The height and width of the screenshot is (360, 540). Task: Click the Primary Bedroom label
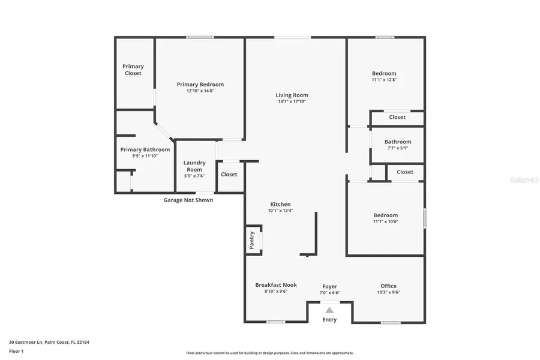click(x=200, y=85)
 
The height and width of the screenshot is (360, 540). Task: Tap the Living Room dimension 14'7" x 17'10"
click(x=292, y=101)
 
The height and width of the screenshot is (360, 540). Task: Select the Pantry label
click(x=252, y=239)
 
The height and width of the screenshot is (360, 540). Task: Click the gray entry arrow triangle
click(x=329, y=310)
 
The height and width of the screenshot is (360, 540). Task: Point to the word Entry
click(x=329, y=320)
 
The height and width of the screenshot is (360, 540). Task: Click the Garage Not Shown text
click(x=188, y=200)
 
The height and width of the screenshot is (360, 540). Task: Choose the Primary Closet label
click(x=133, y=70)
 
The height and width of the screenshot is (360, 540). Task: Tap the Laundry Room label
click(x=194, y=166)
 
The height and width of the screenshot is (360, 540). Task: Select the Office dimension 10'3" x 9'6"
click(x=388, y=293)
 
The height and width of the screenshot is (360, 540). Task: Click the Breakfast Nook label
click(x=276, y=285)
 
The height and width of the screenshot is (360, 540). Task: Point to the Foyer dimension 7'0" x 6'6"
click(x=329, y=293)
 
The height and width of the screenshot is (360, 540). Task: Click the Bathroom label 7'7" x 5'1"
click(x=397, y=142)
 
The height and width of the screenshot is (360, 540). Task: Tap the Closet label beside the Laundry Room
click(x=229, y=175)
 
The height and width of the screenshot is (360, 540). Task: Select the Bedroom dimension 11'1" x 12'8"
click(x=384, y=80)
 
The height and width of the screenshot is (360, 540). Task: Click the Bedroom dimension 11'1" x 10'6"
click(x=385, y=222)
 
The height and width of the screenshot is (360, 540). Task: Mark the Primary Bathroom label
click(x=145, y=149)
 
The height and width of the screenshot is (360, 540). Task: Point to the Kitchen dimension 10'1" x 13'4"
click(x=280, y=211)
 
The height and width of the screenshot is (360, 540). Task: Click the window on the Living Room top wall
click(x=293, y=38)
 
